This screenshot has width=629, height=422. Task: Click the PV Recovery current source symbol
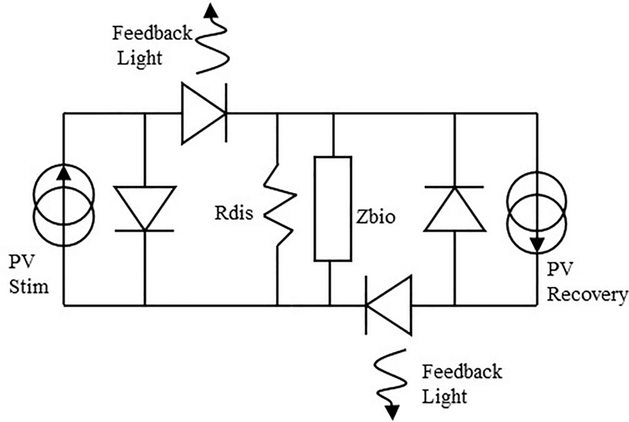pos(536,210)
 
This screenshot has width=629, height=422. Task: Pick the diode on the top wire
pos(204,113)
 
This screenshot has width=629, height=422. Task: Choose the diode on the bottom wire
pos(388,306)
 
